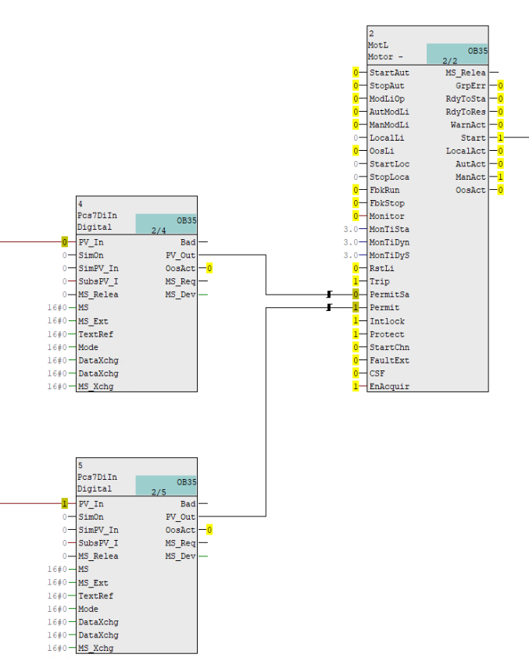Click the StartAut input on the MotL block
(388, 73)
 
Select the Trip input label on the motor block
(379, 281)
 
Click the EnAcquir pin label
(388, 387)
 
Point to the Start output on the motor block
(474, 138)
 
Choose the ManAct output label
(470, 177)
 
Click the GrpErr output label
(470, 85)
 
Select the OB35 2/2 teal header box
(457, 54)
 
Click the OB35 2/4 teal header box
(166, 224)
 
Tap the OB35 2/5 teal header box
(166, 486)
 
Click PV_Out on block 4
(181, 255)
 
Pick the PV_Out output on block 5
(181, 517)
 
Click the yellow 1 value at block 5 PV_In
(64, 504)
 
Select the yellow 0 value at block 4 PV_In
(64, 242)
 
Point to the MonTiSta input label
(388, 229)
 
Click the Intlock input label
(387, 321)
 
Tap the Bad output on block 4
(188, 242)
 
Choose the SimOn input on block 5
(90, 517)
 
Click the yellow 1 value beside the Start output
(500, 138)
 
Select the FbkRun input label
(384, 190)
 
